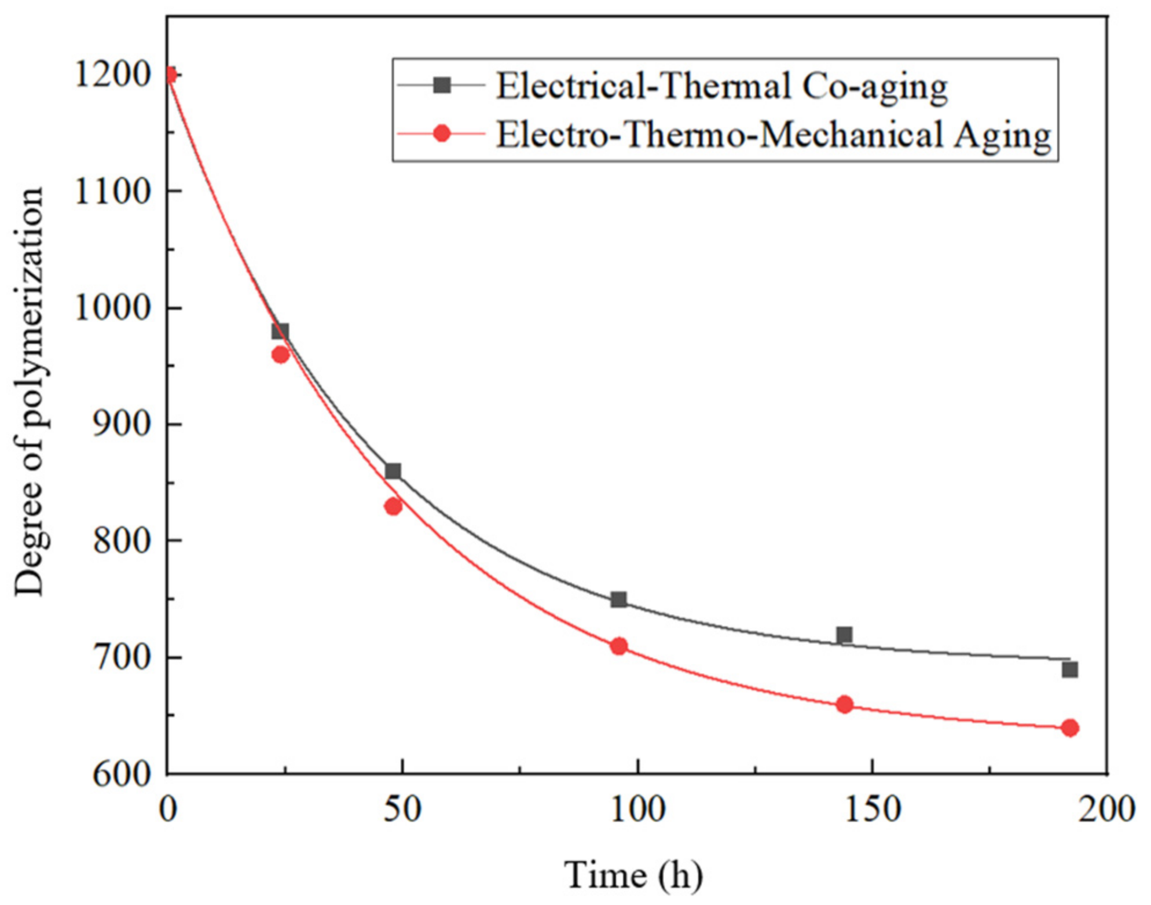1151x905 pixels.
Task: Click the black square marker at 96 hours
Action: coord(619,599)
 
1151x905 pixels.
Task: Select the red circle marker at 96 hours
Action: coord(619,646)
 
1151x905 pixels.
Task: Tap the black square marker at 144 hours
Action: coord(845,635)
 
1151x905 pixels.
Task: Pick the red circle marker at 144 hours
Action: coord(845,705)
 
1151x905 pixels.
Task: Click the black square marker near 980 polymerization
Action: coord(280,331)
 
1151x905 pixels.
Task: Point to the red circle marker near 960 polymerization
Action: coord(280,355)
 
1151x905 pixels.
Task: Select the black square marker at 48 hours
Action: coord(393,471)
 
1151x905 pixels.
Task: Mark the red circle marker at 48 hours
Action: coord(393,507)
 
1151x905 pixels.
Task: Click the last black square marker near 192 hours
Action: coord(1070,670)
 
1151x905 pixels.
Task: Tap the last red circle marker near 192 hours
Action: coord(1070,728)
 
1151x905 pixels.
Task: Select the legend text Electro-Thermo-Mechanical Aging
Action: coord(774,135)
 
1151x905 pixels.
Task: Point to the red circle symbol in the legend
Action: coord(442,134)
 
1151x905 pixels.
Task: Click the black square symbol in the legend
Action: coord(442,86)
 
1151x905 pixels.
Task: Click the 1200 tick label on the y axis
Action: coord(113,75)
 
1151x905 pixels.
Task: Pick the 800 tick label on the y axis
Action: coord(122,542)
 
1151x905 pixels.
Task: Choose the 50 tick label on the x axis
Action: coord(402,809)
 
